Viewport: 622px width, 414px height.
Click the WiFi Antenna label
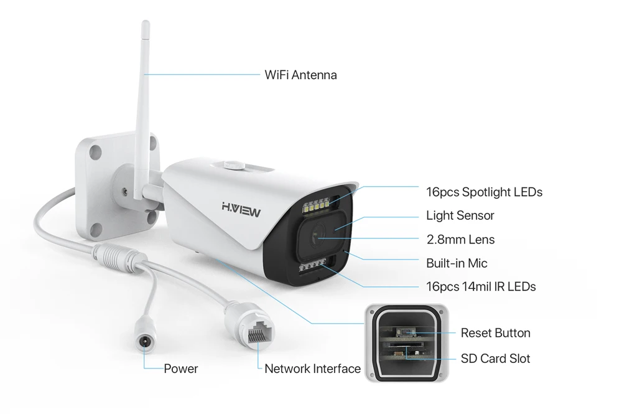[x=300, y=75]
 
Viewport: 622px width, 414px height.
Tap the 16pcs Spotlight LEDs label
[x=484, y=192]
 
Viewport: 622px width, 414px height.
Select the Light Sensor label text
[x=460, y=215]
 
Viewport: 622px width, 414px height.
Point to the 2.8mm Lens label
[x=460, y=239]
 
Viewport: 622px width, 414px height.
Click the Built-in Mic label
[x=457, y=263]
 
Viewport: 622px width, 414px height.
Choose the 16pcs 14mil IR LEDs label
[x=481, y=286]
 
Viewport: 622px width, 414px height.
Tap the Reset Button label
[x=495, y=333]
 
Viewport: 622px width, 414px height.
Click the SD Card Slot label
[x=495, y=359]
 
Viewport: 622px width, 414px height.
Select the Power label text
[x=180, y=369]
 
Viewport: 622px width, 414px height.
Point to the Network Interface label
[x=312, y=369]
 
